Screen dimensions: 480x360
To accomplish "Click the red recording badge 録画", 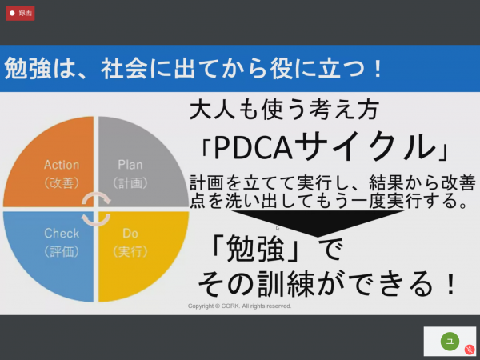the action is [x=20, y=13].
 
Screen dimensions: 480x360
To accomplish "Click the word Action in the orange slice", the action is [x=62, y=165].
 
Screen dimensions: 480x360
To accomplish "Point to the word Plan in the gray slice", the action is [x=130, y=165].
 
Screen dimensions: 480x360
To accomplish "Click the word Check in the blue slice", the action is [x=62, y=234].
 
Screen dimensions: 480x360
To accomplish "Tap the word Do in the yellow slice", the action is [x=130, y=234].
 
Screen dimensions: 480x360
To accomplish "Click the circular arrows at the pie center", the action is [x=96, y=209].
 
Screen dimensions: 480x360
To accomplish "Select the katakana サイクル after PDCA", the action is [x=365, y=146].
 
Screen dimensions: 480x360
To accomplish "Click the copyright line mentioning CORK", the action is [x=239, y=306].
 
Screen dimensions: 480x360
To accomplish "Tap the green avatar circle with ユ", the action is [x=450, y=341].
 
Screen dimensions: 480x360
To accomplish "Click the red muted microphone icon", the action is [x=470, y=350].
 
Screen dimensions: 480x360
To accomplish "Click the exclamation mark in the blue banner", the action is [x=378, y=68].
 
